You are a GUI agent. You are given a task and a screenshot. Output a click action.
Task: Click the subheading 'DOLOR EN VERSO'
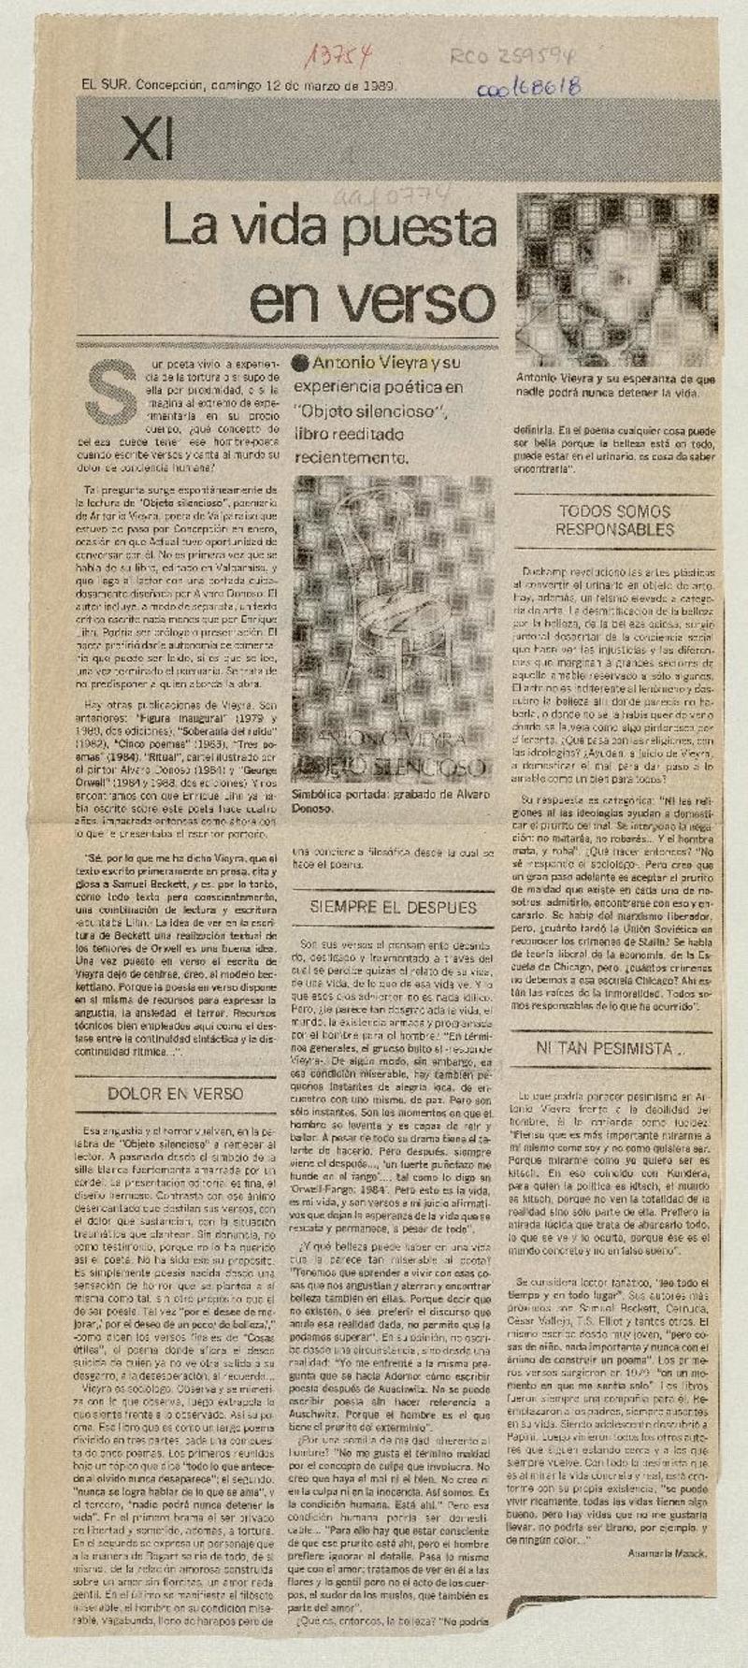[175, 1091]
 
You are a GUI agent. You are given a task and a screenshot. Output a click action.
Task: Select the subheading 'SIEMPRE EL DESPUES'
[394, 906]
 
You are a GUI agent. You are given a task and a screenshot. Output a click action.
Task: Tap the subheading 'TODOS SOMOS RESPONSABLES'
[615, 520]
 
